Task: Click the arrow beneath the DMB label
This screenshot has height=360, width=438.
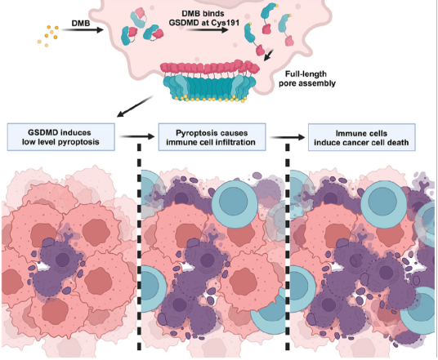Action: tap(82, 29)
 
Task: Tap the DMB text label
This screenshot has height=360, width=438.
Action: tap(81, 23)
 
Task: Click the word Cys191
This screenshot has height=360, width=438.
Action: tap(226, 23)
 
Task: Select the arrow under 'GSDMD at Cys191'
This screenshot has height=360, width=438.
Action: tap(207, 29)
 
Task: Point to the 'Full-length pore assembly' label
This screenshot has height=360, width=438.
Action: tap(306, 78)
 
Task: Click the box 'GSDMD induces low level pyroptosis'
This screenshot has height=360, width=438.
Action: tap(61, 137)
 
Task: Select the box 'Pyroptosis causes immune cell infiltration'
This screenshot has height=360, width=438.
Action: tap(212, 137)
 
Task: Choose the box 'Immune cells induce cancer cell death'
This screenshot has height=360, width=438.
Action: tap(362, 138)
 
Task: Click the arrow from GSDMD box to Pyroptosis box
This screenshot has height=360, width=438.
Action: tap(137, 136)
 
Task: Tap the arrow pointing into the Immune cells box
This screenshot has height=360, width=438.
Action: tap(287, 137)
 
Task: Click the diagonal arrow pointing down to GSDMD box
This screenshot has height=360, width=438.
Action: tap(135, 106)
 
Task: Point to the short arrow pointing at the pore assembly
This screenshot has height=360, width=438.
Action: tap(269, 55)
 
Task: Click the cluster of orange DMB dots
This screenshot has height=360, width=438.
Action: tap(48, 36)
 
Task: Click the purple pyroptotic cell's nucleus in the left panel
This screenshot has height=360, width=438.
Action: tap(62, 260)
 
